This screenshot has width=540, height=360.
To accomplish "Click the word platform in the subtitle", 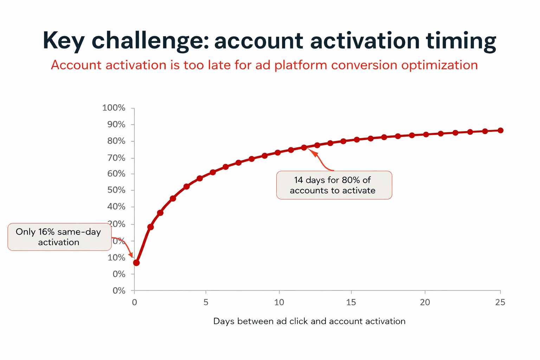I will [x=301, y=65].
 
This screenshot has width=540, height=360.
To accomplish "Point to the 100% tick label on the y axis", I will [x=114, y=108].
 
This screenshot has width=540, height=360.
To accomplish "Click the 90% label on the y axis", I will [x=116, y=124].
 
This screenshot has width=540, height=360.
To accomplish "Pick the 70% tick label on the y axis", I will [x=116, y=158].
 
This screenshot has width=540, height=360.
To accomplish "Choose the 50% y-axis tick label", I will [x=116, y=190].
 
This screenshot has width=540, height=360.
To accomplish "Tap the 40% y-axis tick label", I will [x=116, y=207].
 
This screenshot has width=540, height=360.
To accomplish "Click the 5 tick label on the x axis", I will [x=206, y=302].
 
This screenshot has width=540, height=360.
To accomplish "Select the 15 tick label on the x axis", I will [x=351, y=302].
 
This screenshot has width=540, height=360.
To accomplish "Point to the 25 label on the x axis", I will [x=500, y=302].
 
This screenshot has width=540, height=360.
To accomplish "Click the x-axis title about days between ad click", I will [x=309, y=321].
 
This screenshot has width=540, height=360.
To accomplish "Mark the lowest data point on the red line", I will [x=136, y=263].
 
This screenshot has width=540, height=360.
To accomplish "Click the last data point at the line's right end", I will [x=500, y=130].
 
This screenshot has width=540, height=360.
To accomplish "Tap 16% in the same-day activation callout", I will [x=46, y=232].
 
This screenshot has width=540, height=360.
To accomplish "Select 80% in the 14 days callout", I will [x=351, y=180].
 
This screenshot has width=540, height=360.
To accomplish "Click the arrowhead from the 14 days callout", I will [x=315, y=153].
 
